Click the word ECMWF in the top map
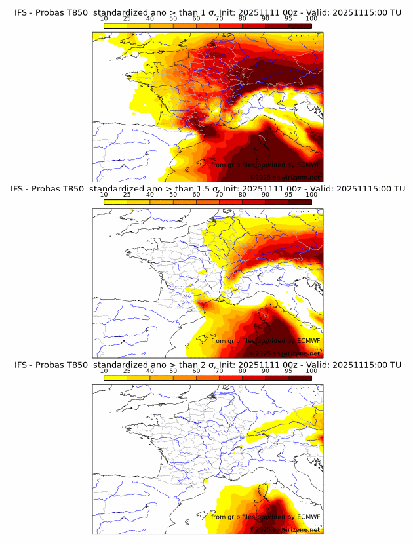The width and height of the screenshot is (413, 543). [x=307, y=165]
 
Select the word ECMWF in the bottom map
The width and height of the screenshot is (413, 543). [x=307, y=517]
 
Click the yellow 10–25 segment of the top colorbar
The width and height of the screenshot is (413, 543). [x=115, y=26]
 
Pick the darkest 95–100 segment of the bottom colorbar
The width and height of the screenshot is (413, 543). [x=300, y=378]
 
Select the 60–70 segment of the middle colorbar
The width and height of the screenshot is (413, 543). [x=208, y=202]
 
